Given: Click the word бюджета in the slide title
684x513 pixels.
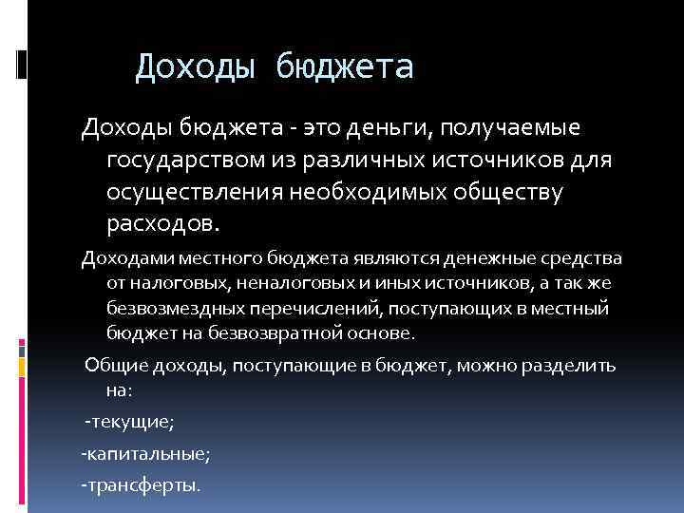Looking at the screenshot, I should pyautogui.click(x=346, y=67).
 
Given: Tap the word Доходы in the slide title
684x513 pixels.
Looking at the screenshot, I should pyautogui.click(x=194, y=67).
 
